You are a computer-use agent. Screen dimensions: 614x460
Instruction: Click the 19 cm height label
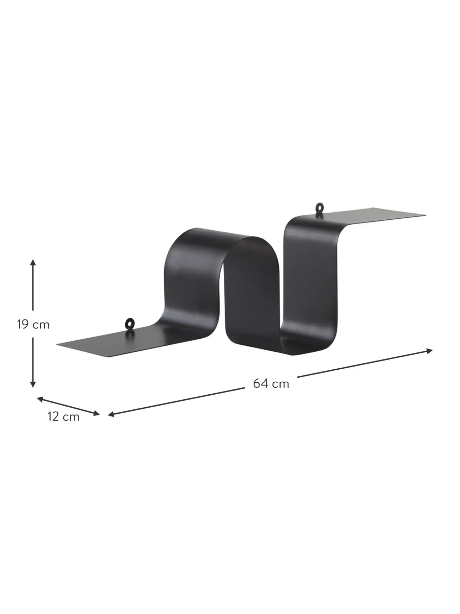click(x=33, y=324)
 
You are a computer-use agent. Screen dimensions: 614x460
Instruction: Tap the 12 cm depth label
click(x=63, y=417)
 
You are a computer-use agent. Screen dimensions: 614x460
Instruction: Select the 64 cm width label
click(x=271, y=384)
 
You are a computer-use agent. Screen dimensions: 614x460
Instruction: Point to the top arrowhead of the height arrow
click(x=33, y=262)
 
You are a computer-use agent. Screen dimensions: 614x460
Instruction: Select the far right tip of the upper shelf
click(x=424, y=215)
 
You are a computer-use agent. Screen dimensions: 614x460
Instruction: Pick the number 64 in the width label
click(x=261, y=384)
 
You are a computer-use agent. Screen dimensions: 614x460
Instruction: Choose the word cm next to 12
click(x=71, y=417)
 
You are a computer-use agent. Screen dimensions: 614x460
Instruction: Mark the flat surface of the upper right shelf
click(x=378, y=216)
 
